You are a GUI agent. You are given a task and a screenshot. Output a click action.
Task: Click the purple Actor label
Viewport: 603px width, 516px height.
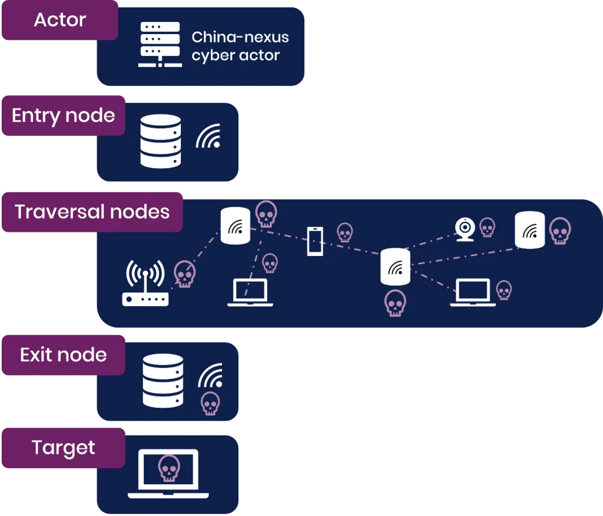click(60, 20)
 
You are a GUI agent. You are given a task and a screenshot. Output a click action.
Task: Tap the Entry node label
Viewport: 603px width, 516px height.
click(64, 115)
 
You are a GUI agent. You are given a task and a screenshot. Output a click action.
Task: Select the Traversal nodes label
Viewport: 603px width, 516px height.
click(92, 212)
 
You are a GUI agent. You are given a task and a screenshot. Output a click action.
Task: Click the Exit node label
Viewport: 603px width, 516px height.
click(64, 355)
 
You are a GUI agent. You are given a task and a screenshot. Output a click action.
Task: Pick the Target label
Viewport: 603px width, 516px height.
click(64, 448)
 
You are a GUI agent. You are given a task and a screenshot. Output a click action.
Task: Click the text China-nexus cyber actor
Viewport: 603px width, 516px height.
click(240, 46)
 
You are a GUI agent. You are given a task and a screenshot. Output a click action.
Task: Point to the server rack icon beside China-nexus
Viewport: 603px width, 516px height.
click(160, 44)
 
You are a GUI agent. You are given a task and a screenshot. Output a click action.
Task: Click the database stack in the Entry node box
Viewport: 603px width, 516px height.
click(161, 141)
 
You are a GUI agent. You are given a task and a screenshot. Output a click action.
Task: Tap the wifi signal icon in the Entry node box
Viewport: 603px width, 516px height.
click(208, 136)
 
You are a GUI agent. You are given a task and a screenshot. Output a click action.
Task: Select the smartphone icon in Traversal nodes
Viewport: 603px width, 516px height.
click(315, 241)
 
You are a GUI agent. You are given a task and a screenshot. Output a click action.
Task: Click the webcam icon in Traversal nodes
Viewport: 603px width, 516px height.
click(465, 229)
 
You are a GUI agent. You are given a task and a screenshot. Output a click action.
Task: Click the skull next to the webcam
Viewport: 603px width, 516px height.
click(487, 227)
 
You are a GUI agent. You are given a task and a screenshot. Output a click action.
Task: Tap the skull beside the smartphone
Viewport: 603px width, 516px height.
click(344, 232)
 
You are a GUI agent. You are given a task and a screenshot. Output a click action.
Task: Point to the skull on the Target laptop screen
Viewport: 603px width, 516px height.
click(169, 468)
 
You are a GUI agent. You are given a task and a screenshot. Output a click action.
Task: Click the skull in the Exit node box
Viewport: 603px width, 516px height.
click(210, 404)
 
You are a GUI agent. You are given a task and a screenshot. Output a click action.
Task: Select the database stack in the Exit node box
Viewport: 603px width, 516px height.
click(163, 381)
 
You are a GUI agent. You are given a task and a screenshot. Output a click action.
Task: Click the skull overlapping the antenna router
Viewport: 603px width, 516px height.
click(184, 274)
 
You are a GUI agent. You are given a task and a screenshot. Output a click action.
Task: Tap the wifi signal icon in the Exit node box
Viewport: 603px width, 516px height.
click(210, 375)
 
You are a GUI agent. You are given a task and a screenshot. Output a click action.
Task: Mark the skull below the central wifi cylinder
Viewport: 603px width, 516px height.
click(395, 303)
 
